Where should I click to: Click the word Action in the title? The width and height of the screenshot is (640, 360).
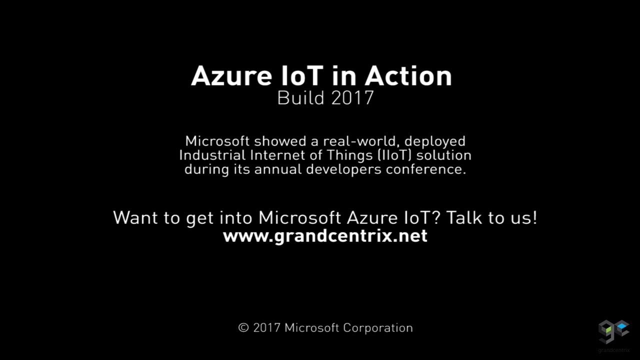tap(408, 76)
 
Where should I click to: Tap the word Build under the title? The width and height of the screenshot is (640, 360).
tap(301, 97)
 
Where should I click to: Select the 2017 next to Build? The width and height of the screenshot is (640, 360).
tap(352, 97)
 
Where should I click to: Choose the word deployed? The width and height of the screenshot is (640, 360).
tap(435, 141)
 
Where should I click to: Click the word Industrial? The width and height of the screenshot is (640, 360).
tap(212, 155)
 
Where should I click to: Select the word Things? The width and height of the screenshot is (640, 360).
tap(349, 155)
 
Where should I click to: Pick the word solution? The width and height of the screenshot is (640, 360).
tap(443, 155)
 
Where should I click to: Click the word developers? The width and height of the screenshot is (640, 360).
tap(343, 169)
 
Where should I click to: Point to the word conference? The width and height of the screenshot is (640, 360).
tap(426, 169)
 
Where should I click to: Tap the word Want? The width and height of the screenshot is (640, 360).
tap(135, 217)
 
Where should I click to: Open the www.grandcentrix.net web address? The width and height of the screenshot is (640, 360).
tap(325, 236)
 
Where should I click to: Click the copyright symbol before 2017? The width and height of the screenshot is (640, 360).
tap(243, 327)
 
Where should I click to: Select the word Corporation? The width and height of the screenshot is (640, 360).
tap(378, 328)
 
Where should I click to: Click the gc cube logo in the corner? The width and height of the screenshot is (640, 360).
tap(613, 331)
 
